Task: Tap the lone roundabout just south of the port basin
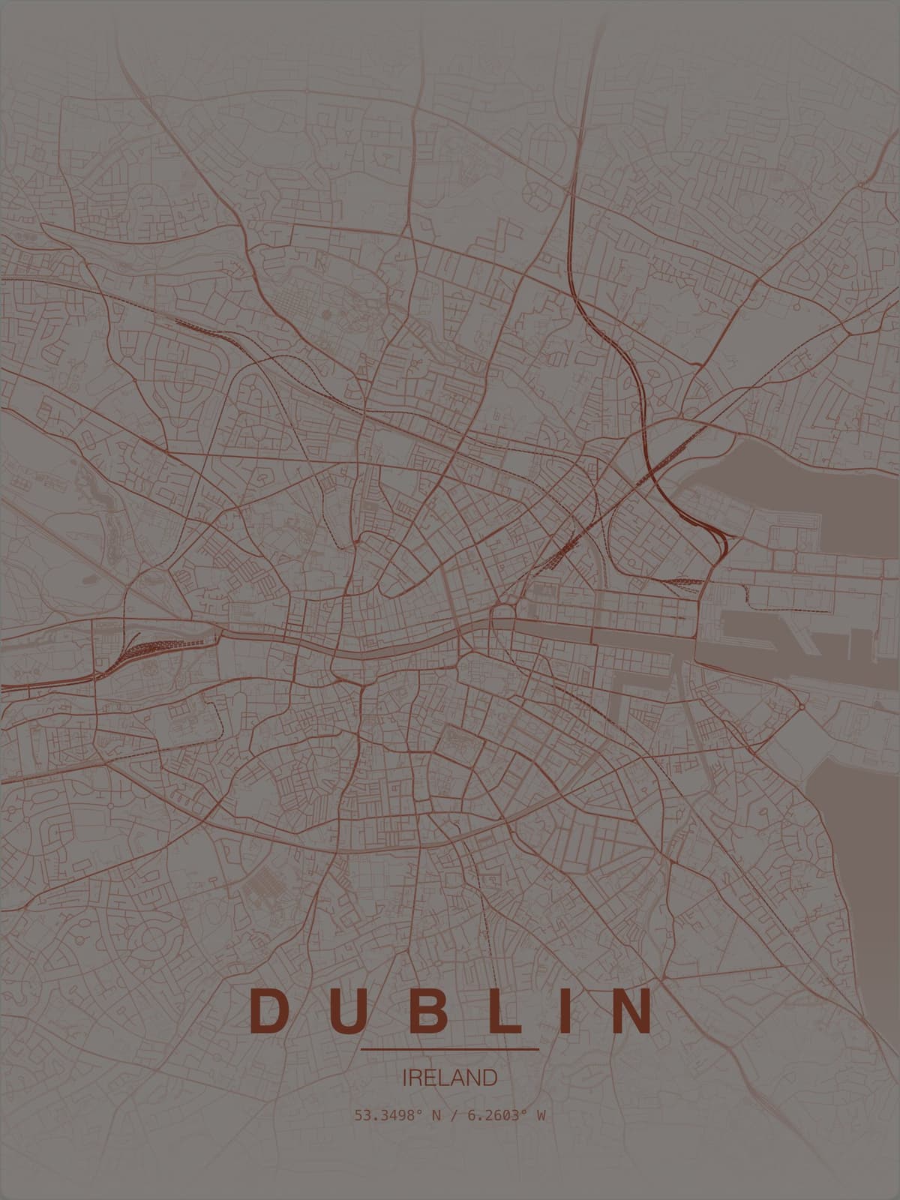click(x=801, y=706)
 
